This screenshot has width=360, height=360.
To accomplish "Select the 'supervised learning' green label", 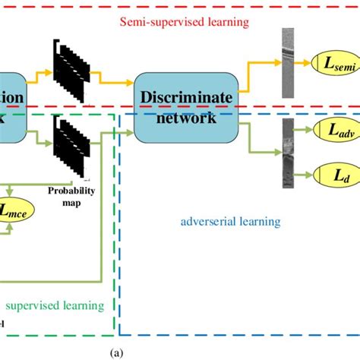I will (54, 305).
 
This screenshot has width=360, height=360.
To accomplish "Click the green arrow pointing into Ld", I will (303, 175).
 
